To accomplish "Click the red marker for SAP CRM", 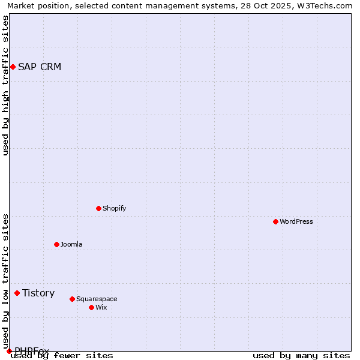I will [x=13, y=67].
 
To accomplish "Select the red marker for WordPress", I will [x=275, y=221].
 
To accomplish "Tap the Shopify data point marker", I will [x=98, y=208].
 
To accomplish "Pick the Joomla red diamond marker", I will [x=56, y=244].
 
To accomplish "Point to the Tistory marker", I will [x=17, y=293].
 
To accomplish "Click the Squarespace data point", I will [x=72, y=299].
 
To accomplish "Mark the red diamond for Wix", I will [x=91, y=307].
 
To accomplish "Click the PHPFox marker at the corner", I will [x=9, y=351].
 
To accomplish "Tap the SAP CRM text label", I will [x=40, y=67].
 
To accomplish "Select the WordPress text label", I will [x=296, y=221].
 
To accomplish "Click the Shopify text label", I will [x=115, y=208].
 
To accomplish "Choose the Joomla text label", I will [x=71, y=244].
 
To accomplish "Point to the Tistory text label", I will [x=38, y=293].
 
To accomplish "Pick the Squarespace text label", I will [x=97, y=299].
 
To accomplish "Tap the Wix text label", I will [x=101, y=307].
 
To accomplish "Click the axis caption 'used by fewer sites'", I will [x=62, y=356].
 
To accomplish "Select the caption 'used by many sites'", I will [x=301, y=356].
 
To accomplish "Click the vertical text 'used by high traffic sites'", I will [x=6, y=85].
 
